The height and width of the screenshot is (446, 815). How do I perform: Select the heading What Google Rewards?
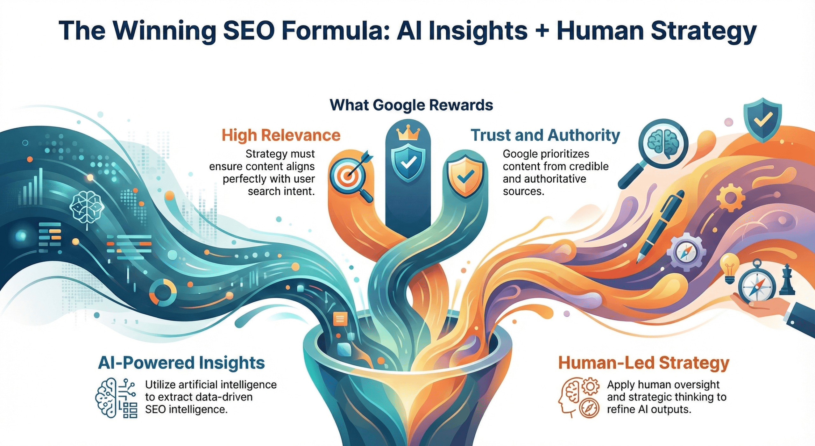(411, 105)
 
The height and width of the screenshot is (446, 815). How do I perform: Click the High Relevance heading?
(281, 135)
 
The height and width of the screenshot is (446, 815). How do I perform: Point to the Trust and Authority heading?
(545, 135)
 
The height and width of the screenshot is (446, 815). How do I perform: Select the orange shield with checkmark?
(465, 176)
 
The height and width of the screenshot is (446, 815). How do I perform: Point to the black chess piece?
(787, 280)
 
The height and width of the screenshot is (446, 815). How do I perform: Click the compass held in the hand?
(756, 285)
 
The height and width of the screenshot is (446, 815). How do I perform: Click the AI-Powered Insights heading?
(181, 363)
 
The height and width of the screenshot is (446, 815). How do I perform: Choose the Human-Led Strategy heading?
(643, 363)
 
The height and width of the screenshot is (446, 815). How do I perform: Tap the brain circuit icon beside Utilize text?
(116, 398)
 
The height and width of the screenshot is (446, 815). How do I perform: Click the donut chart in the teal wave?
(163, 292)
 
